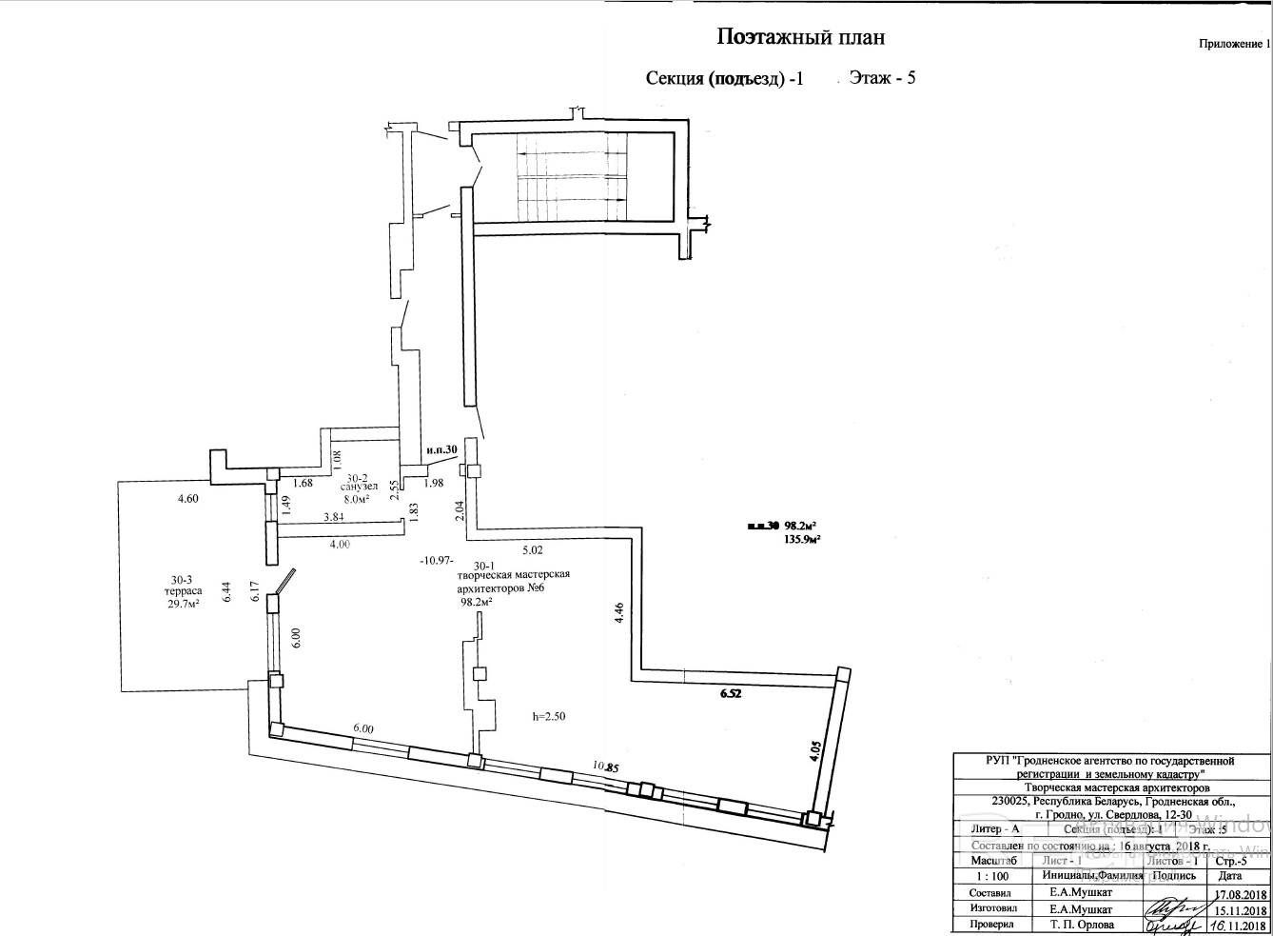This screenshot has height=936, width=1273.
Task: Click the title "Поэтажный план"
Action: pos(800,37)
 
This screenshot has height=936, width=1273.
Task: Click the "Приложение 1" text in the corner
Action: pos(1233,44)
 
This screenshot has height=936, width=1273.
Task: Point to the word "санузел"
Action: pos(361,486)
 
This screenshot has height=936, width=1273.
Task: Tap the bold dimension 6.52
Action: pos(731,695)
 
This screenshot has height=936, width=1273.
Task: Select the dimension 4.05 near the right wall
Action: pos(814,747)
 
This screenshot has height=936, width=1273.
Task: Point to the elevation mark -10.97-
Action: pos(438,561)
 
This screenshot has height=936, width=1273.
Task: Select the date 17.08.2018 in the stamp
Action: pos(1241,894)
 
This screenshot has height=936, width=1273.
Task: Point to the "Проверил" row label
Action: pos(991,925)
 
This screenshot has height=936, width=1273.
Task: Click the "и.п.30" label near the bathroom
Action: pos(442,449)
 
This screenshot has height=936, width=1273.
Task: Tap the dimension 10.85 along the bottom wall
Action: pos(605,766)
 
